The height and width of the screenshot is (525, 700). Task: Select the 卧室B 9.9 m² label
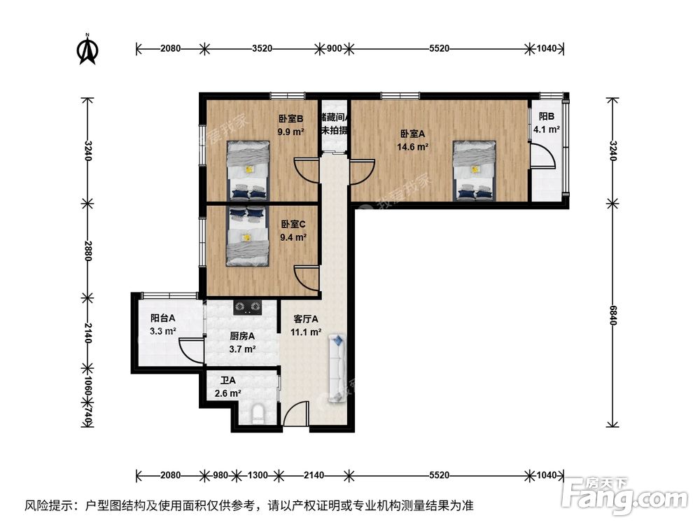(290, 125)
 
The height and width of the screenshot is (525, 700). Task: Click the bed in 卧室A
(474, 170)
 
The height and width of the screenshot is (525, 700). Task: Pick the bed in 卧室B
(248, 170)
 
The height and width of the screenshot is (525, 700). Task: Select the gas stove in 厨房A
(247, 306)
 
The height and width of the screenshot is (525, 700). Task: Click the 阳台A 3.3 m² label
(162, 324)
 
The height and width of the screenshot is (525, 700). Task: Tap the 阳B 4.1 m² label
(546, 123)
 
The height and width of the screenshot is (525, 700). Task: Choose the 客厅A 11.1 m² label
(306, 325)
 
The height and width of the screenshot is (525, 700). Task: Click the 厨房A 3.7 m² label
(242, 342)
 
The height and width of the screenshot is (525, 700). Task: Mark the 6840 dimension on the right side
(614, 313)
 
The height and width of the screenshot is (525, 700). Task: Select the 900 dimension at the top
(334, 48)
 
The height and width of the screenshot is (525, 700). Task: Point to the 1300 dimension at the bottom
(258, 475)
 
